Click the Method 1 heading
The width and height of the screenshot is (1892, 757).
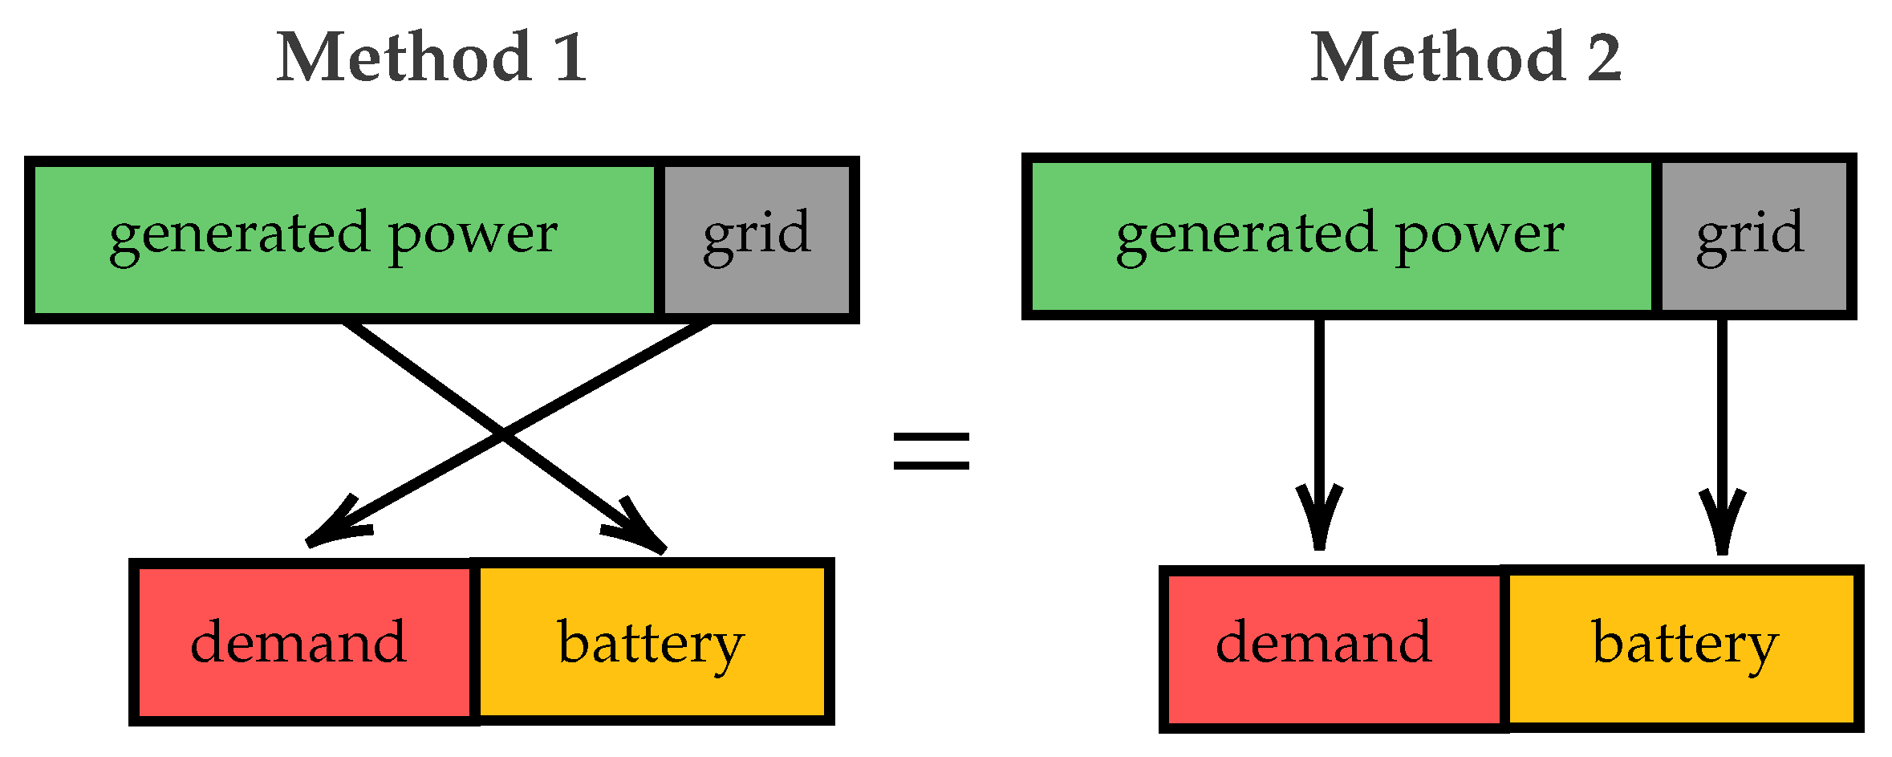tap(432, 58)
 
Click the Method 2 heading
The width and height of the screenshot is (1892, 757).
tap(1465, 58)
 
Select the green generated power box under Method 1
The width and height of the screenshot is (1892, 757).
tap(342, 239)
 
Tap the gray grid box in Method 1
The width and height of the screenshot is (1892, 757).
tap(757, 239)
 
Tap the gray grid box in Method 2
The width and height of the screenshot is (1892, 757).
tap(1753, 237)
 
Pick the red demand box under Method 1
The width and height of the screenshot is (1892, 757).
tap(303, 642)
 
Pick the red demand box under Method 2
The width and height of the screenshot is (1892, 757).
tap(1332, 649)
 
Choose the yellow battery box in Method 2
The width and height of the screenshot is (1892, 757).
tap(1683, 649)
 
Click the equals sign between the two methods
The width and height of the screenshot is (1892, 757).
tap(931, 450)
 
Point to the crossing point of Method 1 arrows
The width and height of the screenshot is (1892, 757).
tap(503, 436)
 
